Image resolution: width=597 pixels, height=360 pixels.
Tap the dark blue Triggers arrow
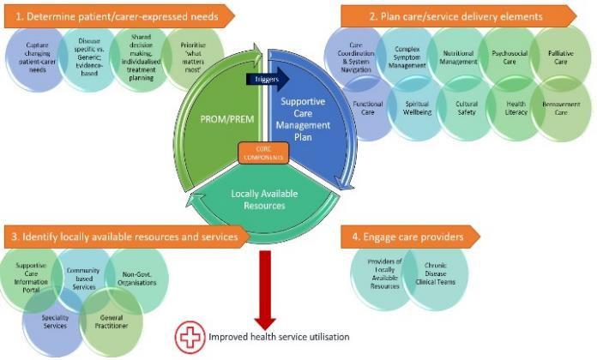[x=264, y=80]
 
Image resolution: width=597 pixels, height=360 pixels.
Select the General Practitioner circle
[x=111, y=321]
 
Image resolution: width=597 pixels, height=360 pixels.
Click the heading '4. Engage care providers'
[x=407, y=235]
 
